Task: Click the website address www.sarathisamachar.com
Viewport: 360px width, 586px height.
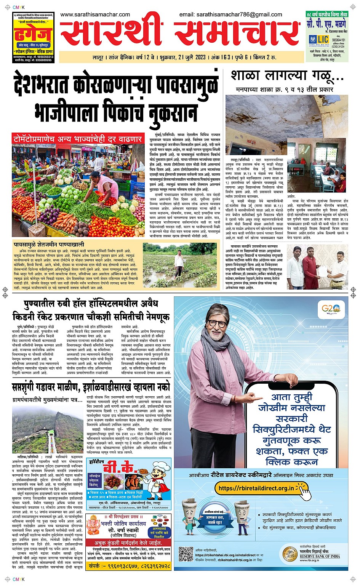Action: coord(95,14)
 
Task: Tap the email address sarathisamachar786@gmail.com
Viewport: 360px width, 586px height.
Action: coord(230,14)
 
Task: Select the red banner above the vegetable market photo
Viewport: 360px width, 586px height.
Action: coord(78,139)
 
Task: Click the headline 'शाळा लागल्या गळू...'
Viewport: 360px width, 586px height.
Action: coord(287,76)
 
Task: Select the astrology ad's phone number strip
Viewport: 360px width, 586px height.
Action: coord(129,566)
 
